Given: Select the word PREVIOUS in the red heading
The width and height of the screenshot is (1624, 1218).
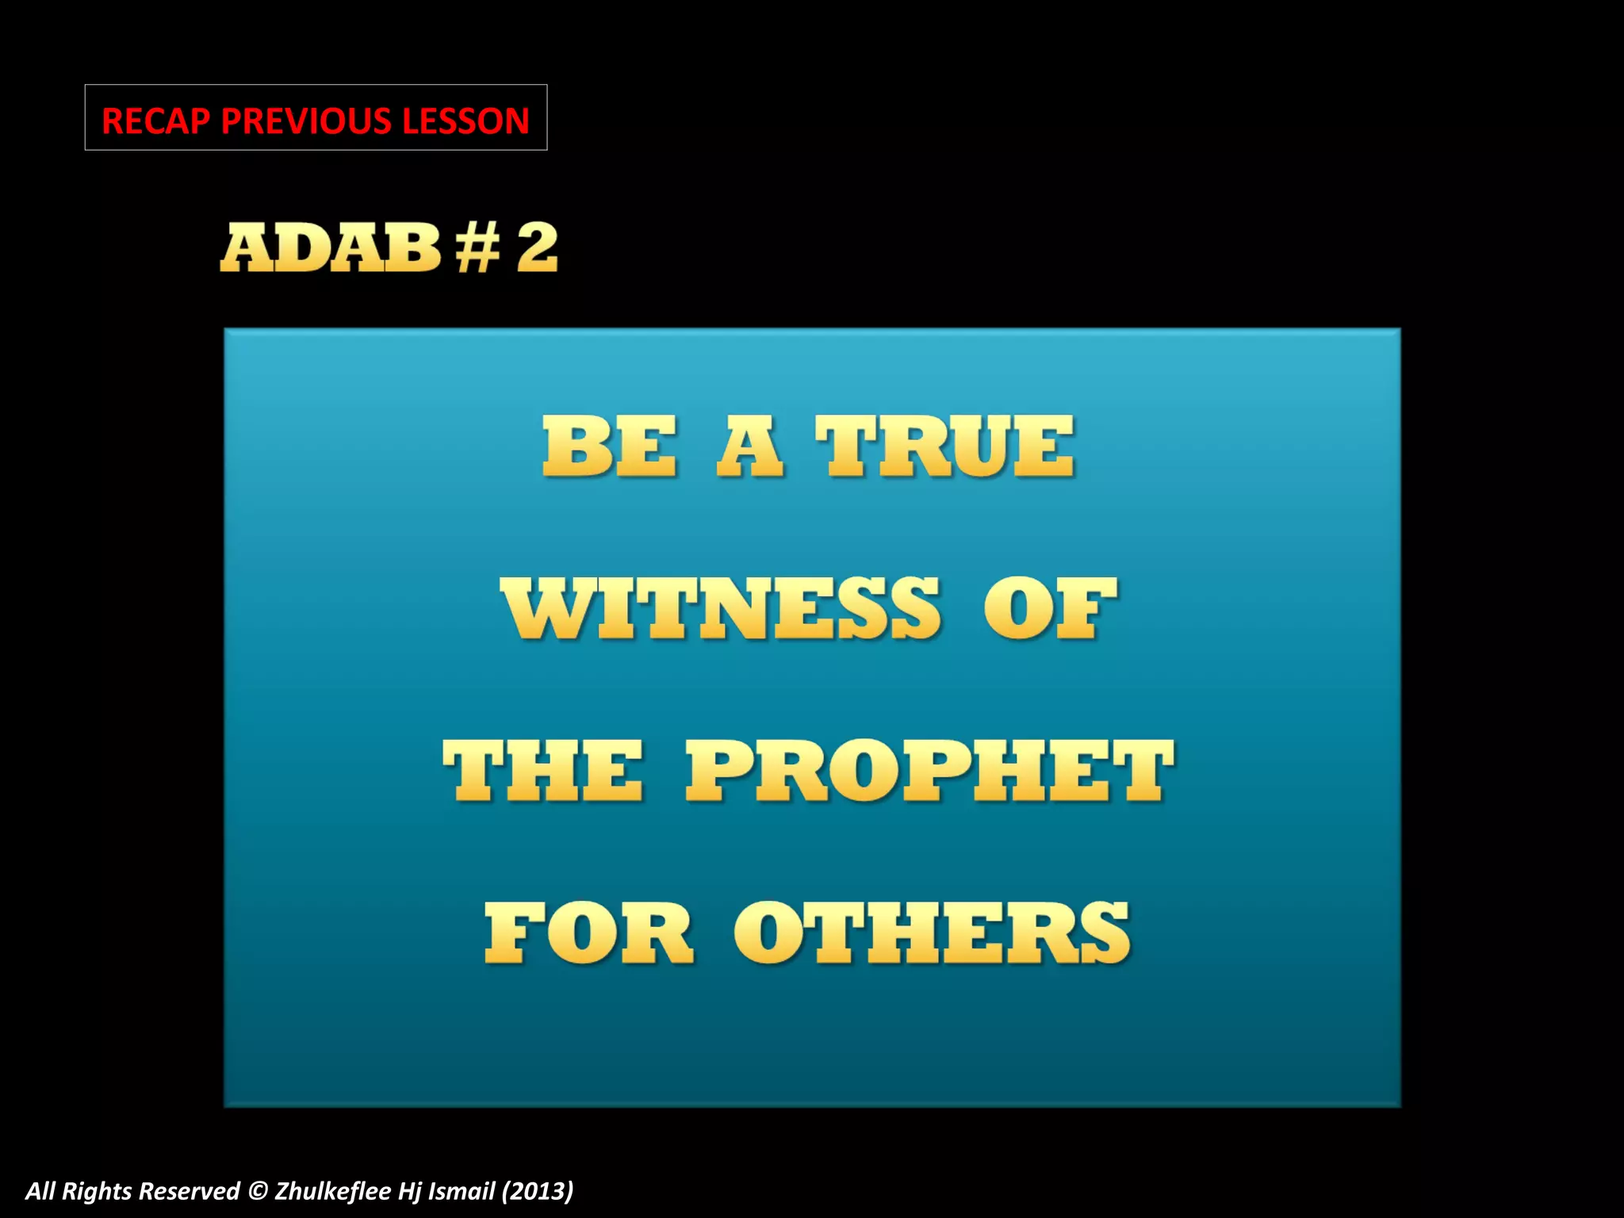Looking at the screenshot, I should click(306, 121).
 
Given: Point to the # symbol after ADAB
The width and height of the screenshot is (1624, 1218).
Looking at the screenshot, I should click(477, 248).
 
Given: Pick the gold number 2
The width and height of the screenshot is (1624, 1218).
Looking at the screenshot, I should click(538, 248).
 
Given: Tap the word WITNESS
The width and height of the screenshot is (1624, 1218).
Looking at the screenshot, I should click(720, 609).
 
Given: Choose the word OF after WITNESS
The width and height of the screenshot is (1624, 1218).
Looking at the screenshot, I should click(1050, 609).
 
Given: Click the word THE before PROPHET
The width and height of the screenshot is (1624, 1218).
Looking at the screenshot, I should click(542, 771).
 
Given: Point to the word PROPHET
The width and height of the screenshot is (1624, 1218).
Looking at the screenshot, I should click(929, 771).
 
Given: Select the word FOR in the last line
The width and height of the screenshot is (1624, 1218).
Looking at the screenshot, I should click(588, 933).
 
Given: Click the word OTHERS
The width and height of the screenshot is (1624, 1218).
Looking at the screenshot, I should click(931, 933).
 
